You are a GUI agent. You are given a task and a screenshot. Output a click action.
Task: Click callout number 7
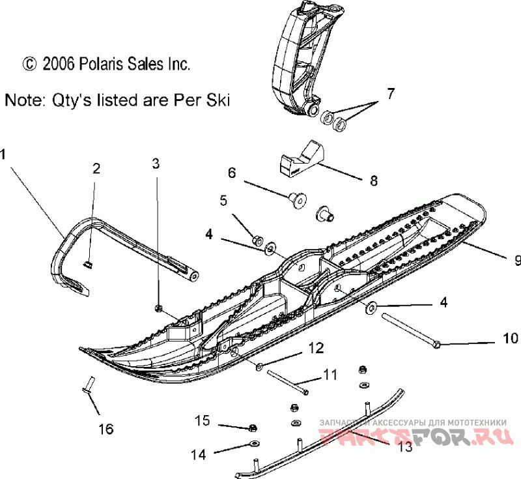tap(390, 93)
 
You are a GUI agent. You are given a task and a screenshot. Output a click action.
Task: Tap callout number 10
tap(510, 338)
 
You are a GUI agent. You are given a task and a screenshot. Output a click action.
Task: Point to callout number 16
tap(106, 429)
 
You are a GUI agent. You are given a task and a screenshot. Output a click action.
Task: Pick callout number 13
tap(405, 447)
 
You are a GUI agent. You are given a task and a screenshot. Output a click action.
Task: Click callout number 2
tap(96, 169)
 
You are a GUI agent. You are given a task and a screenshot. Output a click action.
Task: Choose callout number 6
tap(231, 173)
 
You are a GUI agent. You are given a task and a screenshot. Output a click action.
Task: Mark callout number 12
tap(315, 349)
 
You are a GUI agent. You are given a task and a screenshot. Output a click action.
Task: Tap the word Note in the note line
tap(22, 100)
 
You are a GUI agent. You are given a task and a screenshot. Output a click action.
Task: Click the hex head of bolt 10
tap(437, 343)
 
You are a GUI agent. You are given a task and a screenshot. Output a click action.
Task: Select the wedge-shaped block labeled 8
tap(302, 160)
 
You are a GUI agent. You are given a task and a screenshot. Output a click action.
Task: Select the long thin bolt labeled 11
tap(287, 381)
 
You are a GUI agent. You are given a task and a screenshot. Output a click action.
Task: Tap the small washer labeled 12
tap(260, 367)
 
